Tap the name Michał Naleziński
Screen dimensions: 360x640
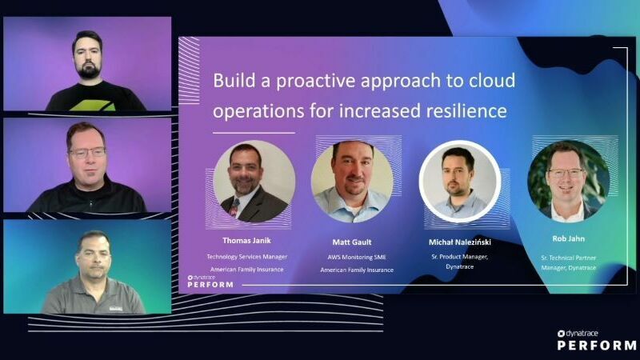coord(459,241)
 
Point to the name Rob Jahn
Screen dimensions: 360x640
coord(569,238)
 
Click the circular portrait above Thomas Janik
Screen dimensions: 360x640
coord(254,182)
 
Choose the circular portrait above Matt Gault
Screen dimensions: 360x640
coord(352,182)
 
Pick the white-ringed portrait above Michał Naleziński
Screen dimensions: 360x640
coord(460,182)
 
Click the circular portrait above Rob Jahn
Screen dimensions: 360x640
coord(568,181)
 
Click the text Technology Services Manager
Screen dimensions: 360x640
coord(246,257)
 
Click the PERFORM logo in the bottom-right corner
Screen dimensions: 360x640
coord(597,345)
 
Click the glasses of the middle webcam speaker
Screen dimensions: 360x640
coord(86,152)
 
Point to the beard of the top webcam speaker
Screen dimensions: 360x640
coord(88,71)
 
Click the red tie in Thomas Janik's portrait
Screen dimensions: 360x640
coord(234,207)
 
